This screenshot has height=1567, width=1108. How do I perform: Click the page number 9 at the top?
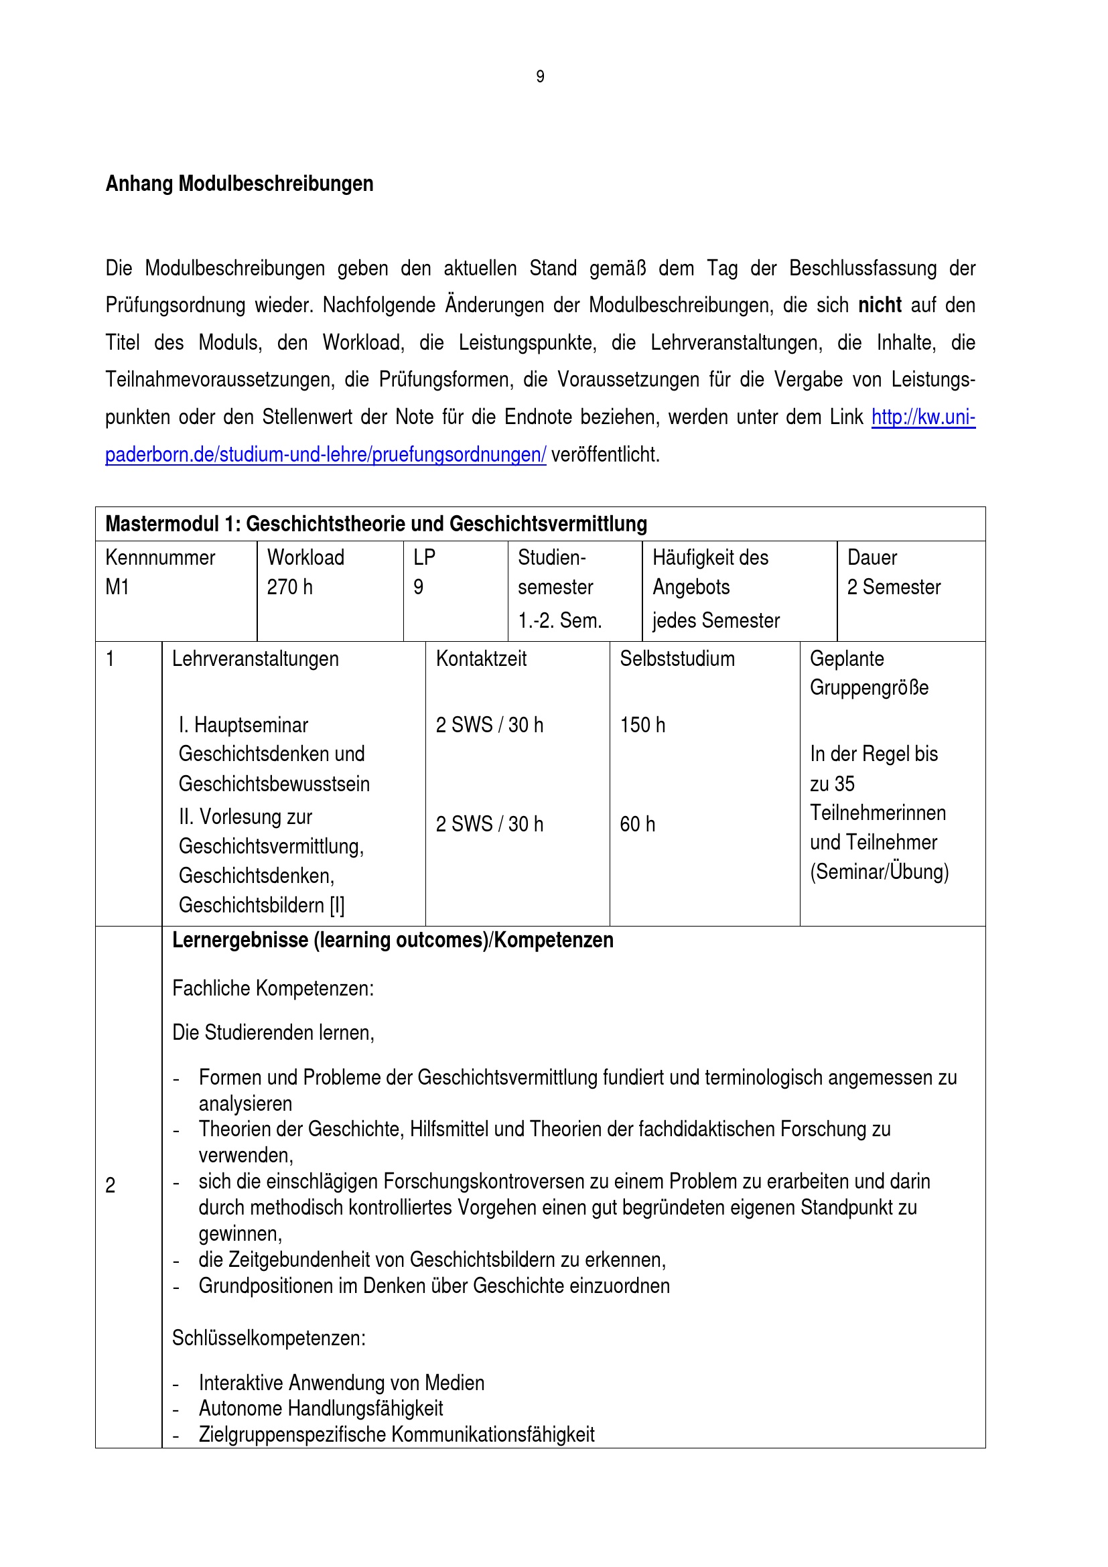540,76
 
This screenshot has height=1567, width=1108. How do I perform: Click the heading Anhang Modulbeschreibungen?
238,184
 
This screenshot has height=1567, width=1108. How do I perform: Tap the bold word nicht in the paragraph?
880,305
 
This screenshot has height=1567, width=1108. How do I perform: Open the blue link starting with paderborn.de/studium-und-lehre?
326,454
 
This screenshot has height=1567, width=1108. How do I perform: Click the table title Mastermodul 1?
376,523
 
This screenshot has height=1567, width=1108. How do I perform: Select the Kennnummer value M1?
117,587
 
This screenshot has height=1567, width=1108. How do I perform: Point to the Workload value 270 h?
289,587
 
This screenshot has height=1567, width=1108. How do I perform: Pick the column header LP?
423,557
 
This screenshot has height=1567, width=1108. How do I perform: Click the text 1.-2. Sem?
559,620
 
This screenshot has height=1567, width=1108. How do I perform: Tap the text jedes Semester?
715,620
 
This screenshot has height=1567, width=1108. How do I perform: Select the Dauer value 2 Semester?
894,587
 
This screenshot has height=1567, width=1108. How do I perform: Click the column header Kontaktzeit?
481,659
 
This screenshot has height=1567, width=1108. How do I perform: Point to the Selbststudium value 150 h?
642,725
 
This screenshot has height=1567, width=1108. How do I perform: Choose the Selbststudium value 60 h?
637,825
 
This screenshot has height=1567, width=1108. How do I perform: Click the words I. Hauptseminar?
244,725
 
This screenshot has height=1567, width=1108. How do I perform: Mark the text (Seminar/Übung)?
879,872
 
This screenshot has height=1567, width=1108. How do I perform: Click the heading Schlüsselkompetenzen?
269,1338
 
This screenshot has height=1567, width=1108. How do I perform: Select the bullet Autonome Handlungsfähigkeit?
321,1408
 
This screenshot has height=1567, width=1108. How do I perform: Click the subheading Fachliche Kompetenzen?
273,988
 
